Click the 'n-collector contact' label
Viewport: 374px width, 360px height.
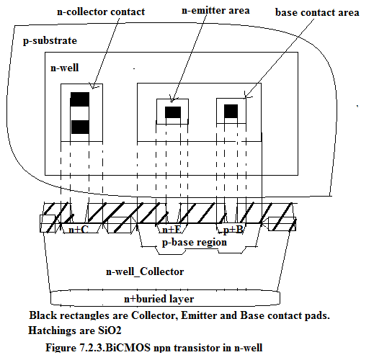[101, 12]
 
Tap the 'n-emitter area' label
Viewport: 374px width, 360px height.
[215, 11]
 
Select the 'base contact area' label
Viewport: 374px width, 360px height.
[317, 12]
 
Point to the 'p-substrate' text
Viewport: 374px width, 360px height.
[50, 41]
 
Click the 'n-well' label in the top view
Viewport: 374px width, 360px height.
[64, 68]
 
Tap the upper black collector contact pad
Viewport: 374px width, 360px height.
[80, 99]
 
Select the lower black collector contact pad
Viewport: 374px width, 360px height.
[80, 127]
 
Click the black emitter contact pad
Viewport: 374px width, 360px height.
[173, 112]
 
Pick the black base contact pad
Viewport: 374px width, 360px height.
[231, 111]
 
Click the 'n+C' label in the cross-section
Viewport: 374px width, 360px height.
[79, 230]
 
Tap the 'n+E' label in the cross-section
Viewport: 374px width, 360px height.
[172, 230]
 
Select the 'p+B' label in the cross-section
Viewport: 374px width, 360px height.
[233, 230]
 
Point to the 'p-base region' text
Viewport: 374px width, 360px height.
[195, 242]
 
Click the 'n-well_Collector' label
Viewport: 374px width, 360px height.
[145, 271]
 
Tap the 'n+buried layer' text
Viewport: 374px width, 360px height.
[159, 299]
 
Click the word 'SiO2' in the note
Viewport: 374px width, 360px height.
[110, 330]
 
